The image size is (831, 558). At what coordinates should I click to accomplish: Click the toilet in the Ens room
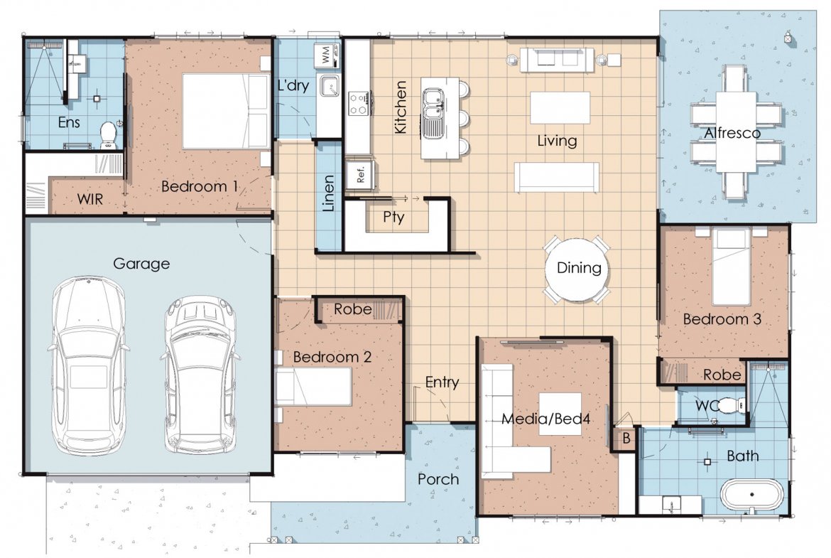tap(108, 135)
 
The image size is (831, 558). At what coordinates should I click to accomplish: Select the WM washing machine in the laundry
tap(327, 55)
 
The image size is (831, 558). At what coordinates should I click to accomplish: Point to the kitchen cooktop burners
tap(358, 104)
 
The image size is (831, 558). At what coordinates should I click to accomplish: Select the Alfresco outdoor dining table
tap(737, 132)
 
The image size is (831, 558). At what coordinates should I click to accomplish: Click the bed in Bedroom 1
tap(227, 111)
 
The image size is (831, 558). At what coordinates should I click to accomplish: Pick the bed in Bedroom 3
tap(731, 267)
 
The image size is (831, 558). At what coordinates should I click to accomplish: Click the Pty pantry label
tap(393, 218)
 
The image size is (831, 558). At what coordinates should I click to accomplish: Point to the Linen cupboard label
tap(329, 193)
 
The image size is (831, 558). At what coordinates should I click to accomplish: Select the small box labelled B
tap(626, 439)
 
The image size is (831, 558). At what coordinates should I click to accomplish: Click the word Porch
tap(438, 479)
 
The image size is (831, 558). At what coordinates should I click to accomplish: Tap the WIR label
tap(90, 200)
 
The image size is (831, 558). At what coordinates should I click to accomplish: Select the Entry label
tap(442, 382)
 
